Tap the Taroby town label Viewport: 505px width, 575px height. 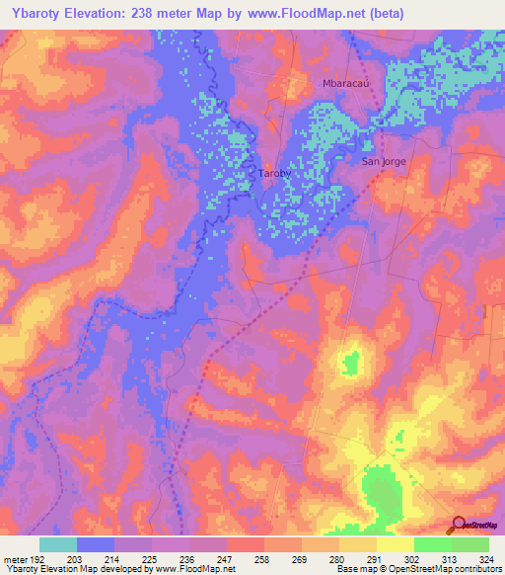[273, 174]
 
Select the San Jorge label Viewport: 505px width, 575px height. [383, 160]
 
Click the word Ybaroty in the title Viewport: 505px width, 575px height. [36, 14]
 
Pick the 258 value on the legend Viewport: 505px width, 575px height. [263, 558]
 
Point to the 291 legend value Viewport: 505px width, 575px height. [376, 558]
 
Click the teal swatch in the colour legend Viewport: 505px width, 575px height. [57, 544]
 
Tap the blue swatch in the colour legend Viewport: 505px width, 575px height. [95, 544]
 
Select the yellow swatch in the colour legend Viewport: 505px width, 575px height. [395, 544]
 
